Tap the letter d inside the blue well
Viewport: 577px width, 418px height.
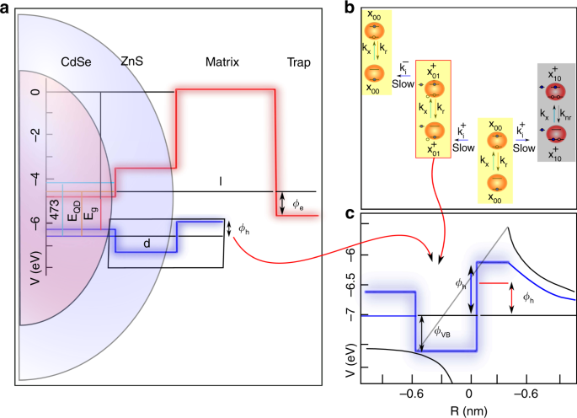146,244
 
